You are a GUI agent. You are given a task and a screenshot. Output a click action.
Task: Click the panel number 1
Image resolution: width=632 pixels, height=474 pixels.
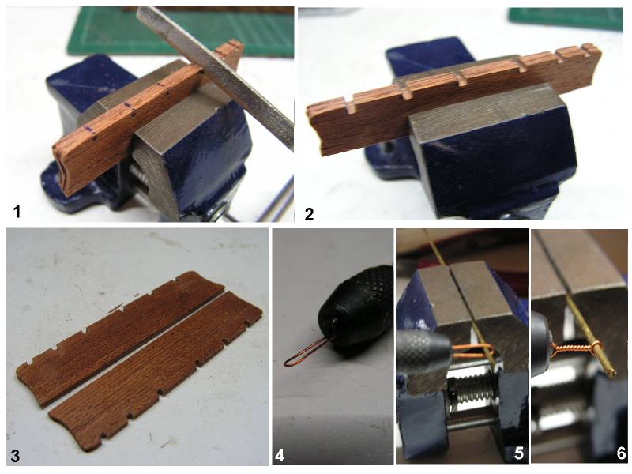(x=17, y=211)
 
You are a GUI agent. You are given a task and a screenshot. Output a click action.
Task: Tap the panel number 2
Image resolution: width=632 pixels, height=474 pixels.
(x=309, y=213)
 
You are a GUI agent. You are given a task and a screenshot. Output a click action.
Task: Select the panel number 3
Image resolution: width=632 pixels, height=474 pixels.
(x=15, y=456)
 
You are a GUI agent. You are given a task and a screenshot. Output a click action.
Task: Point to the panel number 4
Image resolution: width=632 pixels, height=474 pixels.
(x=280, y=456)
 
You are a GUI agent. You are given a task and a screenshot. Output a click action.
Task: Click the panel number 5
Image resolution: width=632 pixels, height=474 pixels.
(x=519, y=453)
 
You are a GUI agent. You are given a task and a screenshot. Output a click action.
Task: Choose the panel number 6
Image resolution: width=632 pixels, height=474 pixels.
(x=621, y=453)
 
